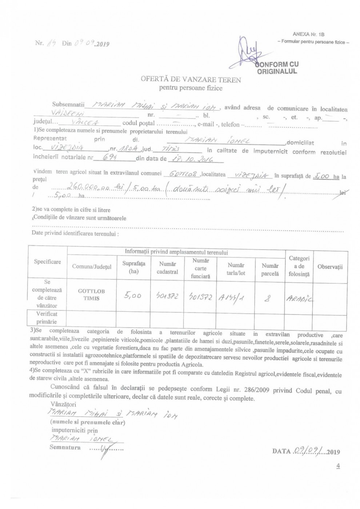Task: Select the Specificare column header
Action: coord(47,262)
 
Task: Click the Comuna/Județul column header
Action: coord(92,266)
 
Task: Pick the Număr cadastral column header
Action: coord(167,268)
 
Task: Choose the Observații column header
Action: coord(330,266)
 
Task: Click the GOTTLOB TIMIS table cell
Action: coord(91,295)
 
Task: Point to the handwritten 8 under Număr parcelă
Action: coord(269,298)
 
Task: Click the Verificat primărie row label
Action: coord(47,318)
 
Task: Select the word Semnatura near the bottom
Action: coord(65,448)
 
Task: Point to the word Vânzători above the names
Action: coord(64,404)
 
